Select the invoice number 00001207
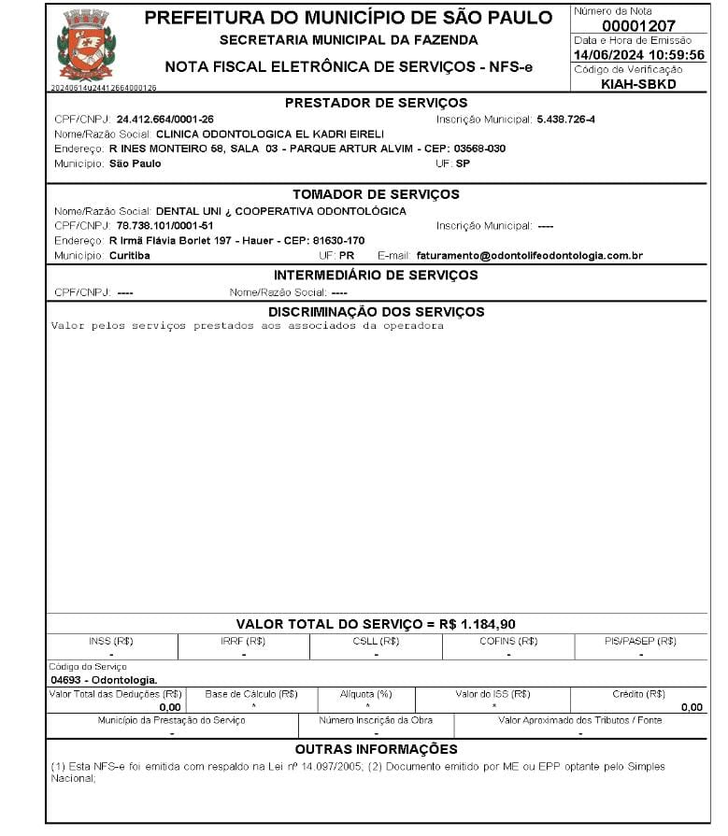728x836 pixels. click(x=638, y=25)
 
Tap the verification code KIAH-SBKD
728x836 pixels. click(x=638, y=84)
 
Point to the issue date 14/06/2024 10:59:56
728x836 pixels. click(x=638, y=55)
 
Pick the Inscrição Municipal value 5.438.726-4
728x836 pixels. click(x=565, y=120)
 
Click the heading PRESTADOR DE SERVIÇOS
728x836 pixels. click(x=376, y=103)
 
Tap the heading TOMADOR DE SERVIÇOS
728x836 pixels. click(x=376, y=194)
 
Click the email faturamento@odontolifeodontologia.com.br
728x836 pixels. click(x=529, y=255)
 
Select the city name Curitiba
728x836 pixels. click(x=130, y=255)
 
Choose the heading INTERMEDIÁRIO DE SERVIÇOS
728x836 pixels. click(x=376, y=276)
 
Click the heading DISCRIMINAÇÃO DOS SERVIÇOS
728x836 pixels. click(x=376, y=311)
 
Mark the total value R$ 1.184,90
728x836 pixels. click(x=478, y=624)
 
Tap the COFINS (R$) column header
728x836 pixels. click(x=508, y=641)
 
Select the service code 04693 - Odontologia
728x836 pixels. click(x=104, y=680)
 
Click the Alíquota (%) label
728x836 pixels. click(x=366, y=694)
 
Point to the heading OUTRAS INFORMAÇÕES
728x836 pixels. click(x=376, y=749)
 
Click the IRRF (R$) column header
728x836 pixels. click(x=243, y=641)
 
